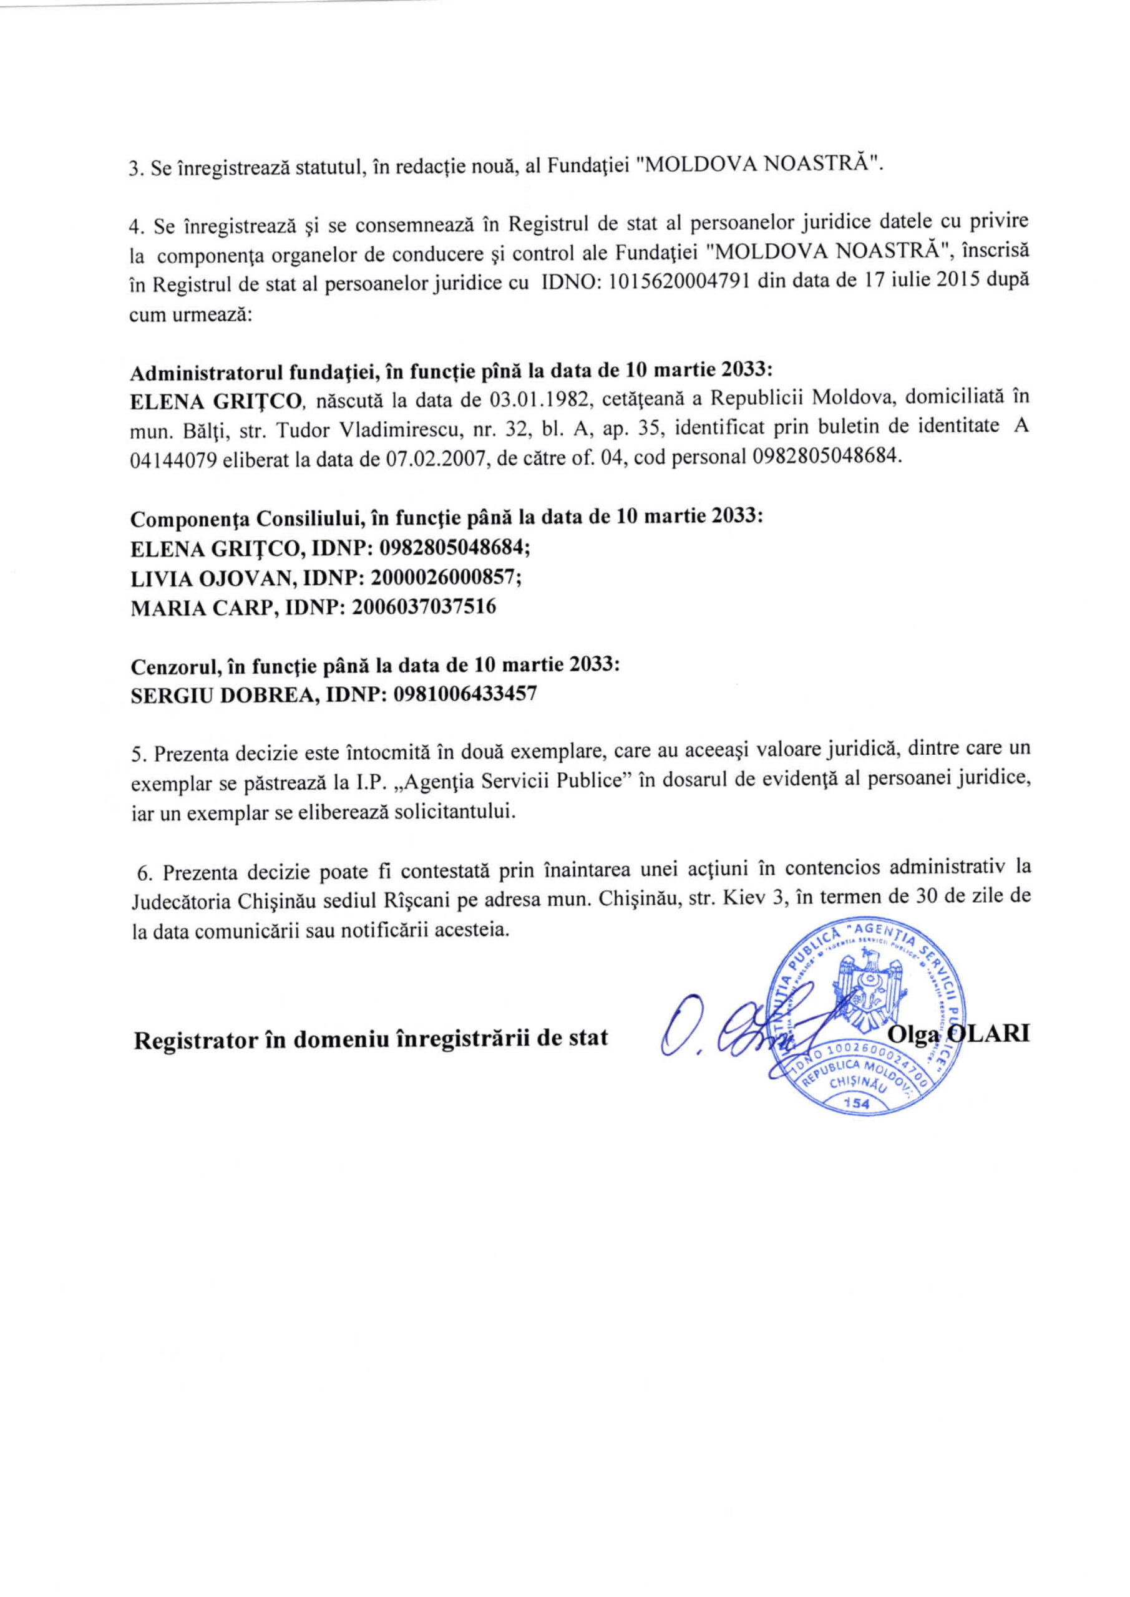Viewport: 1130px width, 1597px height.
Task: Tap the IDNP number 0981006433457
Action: click(465, 694)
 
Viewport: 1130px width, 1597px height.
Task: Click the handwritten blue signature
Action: click(738, 1032)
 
